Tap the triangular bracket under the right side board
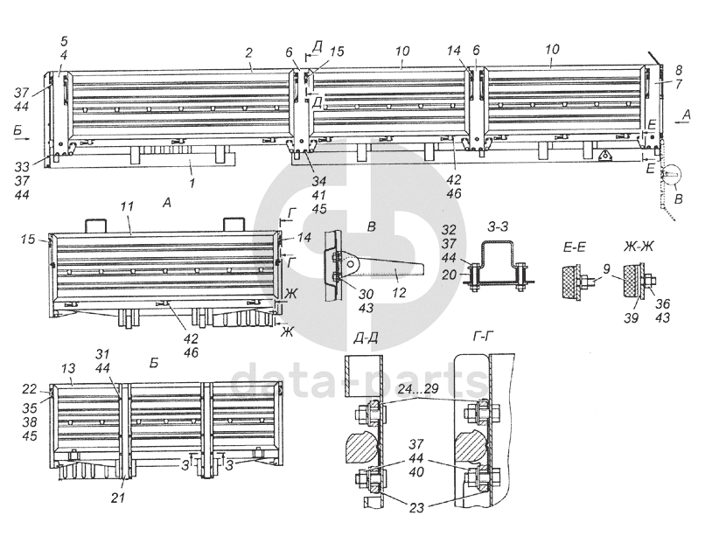coord(603,156)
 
